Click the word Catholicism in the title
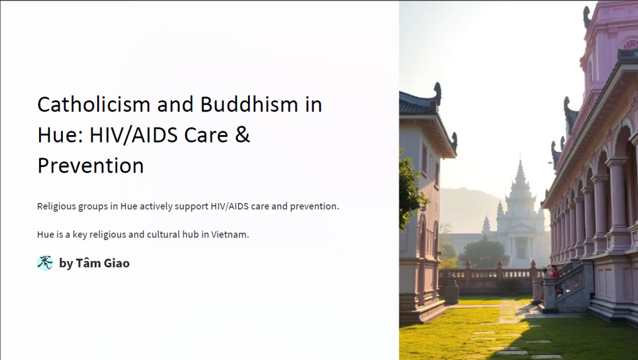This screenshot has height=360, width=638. coord(94,105)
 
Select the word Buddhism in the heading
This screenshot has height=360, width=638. coord(249,105)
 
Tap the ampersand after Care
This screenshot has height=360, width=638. coord(242,135)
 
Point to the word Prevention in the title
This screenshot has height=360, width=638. coord(91,166)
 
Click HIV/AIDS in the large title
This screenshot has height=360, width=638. coord(133,135)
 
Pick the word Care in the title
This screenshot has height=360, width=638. coord(206,135)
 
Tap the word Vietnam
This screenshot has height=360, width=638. coord(230,235)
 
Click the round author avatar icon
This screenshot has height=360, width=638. coord(45,263)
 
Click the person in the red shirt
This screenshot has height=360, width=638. coord(554,273)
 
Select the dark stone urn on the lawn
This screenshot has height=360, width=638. coord(452,290)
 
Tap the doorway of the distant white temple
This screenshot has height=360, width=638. coord(521,248)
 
